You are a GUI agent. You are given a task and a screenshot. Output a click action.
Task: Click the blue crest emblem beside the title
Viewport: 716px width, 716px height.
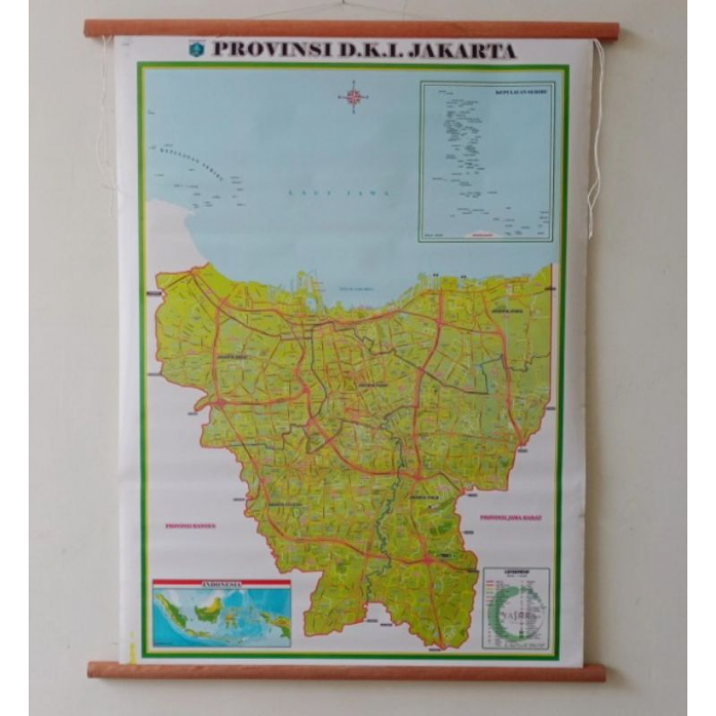197,50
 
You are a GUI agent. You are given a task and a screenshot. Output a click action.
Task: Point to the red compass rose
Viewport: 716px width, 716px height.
354,96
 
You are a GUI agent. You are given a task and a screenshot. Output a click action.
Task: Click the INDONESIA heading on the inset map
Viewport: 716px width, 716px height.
222,584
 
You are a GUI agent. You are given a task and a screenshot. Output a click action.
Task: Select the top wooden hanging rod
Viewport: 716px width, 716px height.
351,30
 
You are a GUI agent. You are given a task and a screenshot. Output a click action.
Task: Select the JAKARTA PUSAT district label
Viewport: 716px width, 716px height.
371,385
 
